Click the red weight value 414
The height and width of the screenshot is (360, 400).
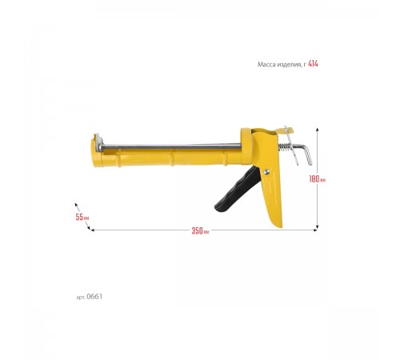[x=313, y=64]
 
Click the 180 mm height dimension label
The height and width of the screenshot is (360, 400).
[x=318, y=179]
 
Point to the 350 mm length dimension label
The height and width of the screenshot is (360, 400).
[x=200, y=230]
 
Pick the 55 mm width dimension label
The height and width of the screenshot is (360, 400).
[x=82, y=217]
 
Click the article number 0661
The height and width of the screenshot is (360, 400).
[x=94, y=297]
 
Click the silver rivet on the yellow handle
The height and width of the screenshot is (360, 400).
[x=266, y=172]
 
